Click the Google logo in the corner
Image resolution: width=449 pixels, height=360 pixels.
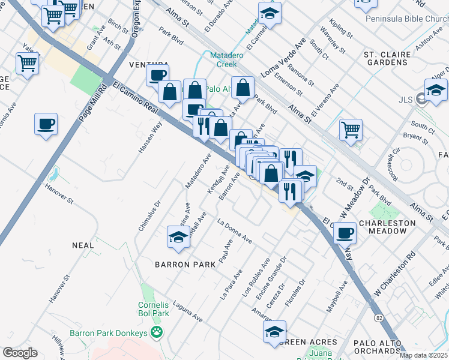20,353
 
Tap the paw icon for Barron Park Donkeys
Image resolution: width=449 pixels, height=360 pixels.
157,331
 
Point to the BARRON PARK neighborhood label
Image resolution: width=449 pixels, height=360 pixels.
185,265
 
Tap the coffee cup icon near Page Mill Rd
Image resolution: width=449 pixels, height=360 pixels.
46,125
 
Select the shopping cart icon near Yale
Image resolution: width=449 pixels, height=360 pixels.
27,62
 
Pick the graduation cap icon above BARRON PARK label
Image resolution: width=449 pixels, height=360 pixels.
179,238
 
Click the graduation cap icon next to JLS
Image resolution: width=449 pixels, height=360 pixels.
436,91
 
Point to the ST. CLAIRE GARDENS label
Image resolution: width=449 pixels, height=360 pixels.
387,59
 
